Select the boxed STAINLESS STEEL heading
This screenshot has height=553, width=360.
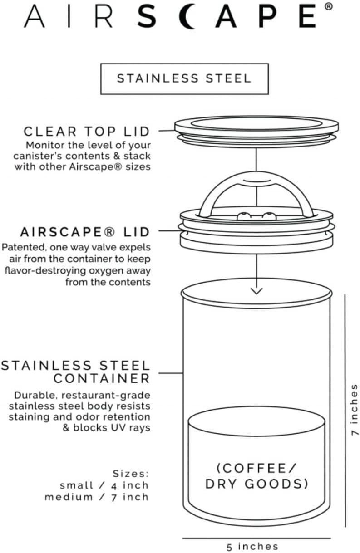pyautogui.click(x=184, y=78)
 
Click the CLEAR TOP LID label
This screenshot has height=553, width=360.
pyautogui.click(x=87, y=132)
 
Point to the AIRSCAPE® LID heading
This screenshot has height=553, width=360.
pyautogui.click(x=85, y=232)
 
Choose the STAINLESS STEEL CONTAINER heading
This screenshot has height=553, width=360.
pyautogui.click(x=75, y=372)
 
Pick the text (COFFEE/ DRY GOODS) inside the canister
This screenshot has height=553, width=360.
pyautogui.click(x=257, y=476)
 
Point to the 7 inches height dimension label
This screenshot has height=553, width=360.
pyautogui.click(x=354, y=410)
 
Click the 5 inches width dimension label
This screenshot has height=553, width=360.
pyautogui.click(x=252, y=546)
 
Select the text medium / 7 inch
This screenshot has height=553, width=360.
pyautogui.click(x=97, y=497)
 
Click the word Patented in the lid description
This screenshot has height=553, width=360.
pyautogui.click(x=23, y=248)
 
